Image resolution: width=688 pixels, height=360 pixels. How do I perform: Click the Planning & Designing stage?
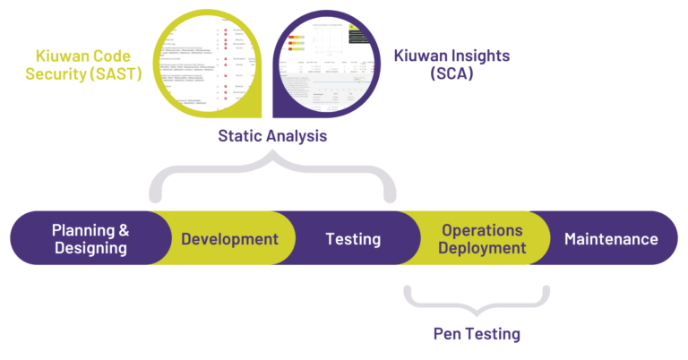(90, 239)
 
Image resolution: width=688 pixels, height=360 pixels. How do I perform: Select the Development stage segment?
(229, 239)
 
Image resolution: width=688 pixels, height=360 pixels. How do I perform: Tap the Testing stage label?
(352, 239)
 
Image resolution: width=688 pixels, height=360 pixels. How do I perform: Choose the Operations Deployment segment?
(482, 239)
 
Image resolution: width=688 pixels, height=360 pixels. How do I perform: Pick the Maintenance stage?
(611, 239)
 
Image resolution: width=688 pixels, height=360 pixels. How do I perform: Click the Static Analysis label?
(272, 137)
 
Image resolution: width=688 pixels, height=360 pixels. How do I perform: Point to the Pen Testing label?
(476, 334)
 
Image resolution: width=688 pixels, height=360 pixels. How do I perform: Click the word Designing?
(90, 248)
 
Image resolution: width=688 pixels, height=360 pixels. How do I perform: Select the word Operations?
(482, 230)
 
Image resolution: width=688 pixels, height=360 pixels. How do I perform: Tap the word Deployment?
(482, 248)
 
